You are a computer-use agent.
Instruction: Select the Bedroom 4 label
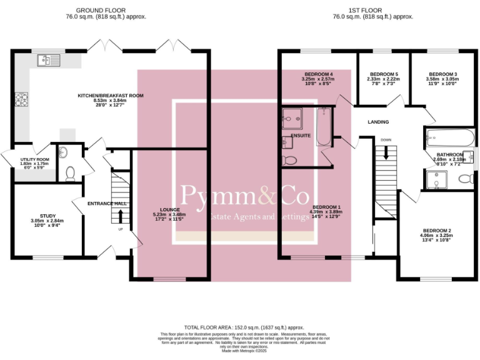[x=318, y=74]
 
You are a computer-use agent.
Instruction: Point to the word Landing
[x=378, y=122]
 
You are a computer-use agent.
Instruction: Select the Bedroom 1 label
[x=327, y=207]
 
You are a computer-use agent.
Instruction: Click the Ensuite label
[x=301, y=135]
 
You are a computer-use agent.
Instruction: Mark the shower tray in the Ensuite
[x=292, y=116]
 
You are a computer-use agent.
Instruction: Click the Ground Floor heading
[x=101, y=11]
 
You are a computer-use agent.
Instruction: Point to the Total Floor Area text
[x=244, y=327]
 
